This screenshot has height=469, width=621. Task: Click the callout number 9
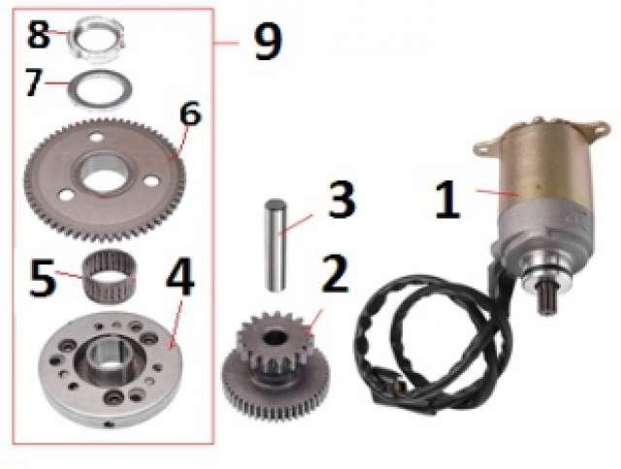(x=268, y=41)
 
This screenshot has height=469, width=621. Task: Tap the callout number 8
(x=39, y=35)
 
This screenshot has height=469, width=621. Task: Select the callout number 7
(x=34, y=83)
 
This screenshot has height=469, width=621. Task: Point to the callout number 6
(x=190, y=114)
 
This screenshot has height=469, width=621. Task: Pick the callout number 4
(x=180, y=277)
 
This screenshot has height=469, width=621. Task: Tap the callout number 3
(x=342, y=200)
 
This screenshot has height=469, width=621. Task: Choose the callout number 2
(x=335, y=274)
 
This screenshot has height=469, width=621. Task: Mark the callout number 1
(x=448, y=199)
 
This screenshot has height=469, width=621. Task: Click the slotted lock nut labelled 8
(x=96, y=39)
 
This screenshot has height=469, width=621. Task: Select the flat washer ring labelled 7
(x=100, y=89)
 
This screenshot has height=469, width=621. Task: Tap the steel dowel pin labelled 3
(x=276, y=246)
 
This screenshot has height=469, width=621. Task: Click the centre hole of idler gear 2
(x=275, y=337)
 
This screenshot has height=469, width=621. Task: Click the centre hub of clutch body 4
(x=108, y=354)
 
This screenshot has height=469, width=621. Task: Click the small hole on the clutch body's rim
(x=108, y=424)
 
